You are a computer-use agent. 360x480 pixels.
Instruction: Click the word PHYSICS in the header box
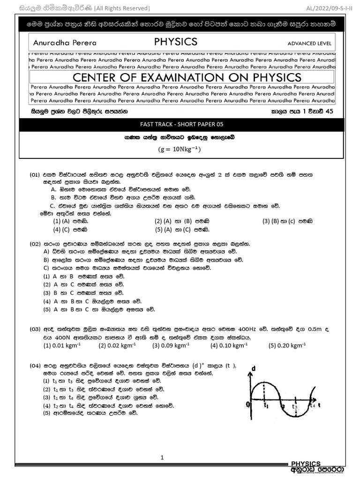176,42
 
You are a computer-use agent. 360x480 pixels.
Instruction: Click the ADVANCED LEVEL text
309,44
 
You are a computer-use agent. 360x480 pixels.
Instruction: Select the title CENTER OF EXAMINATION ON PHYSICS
181,77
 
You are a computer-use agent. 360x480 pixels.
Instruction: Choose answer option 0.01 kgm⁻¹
66,346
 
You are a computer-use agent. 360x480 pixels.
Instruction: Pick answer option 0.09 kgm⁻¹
171,346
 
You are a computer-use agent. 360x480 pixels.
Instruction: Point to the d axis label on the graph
254,368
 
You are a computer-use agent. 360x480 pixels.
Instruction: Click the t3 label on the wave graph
295,406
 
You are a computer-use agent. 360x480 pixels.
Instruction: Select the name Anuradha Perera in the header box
65,43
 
